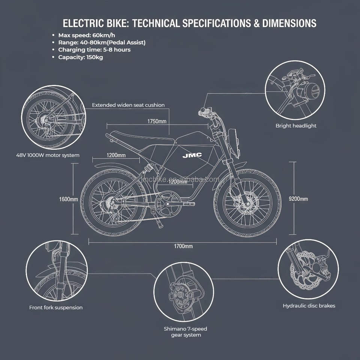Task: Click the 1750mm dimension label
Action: [x=156, y=121]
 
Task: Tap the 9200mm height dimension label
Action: [x=298, y=199]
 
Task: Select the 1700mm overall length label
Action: [x=183, y=246]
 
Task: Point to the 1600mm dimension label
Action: [x=68, y=199]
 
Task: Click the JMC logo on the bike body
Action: [x=192, y=155]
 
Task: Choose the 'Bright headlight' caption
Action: [x=296, y=126]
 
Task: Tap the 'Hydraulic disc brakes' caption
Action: [x=309, y=306]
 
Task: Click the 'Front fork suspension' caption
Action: [x=56, y=307]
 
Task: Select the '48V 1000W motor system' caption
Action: [x=48, y=154]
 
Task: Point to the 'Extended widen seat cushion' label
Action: [x=128, y=105]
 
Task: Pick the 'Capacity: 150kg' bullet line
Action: [x=80, y=57]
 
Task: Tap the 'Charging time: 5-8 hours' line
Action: [x=94, y=50]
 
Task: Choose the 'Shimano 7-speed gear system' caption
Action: [x=185, y=331]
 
